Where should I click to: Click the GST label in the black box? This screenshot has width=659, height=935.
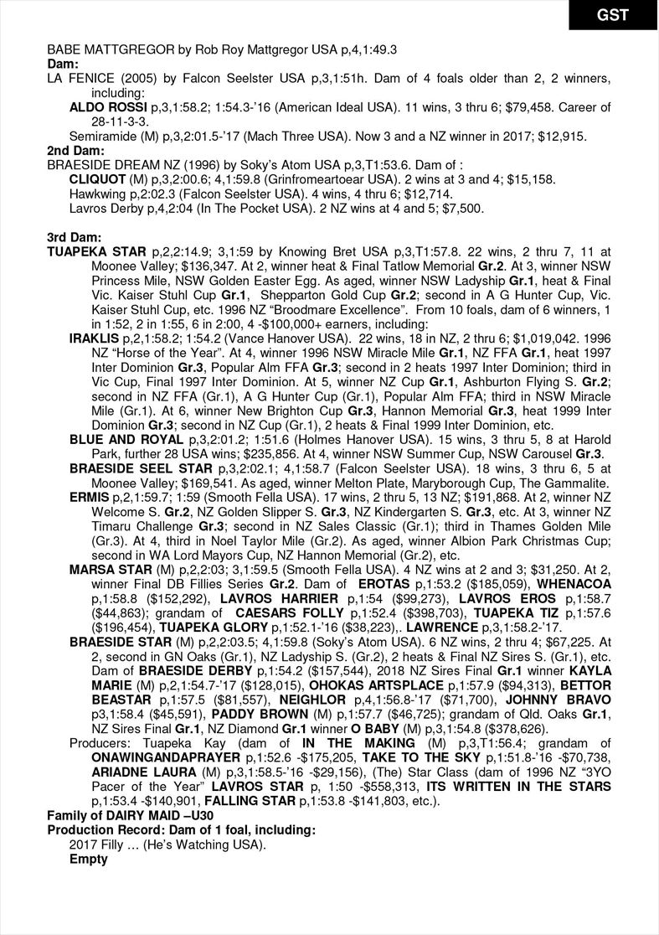coord(613,15)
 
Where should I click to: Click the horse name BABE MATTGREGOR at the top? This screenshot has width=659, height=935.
coord(101,50)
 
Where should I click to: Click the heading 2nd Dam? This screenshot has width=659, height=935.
coord(75,151)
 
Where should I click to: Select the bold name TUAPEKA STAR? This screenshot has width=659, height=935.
coord(97,251)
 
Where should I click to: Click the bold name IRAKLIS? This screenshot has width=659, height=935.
coord(94,338)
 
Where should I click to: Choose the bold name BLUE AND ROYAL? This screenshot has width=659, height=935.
coord(126,439)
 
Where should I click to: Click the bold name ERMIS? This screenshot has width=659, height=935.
coord(90,497)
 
